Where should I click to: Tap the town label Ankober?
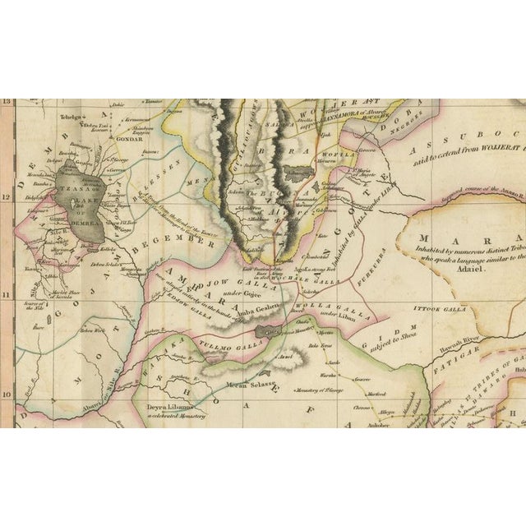click(x=356, y=424)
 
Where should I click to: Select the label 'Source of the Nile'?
click(x=33, y=308)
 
